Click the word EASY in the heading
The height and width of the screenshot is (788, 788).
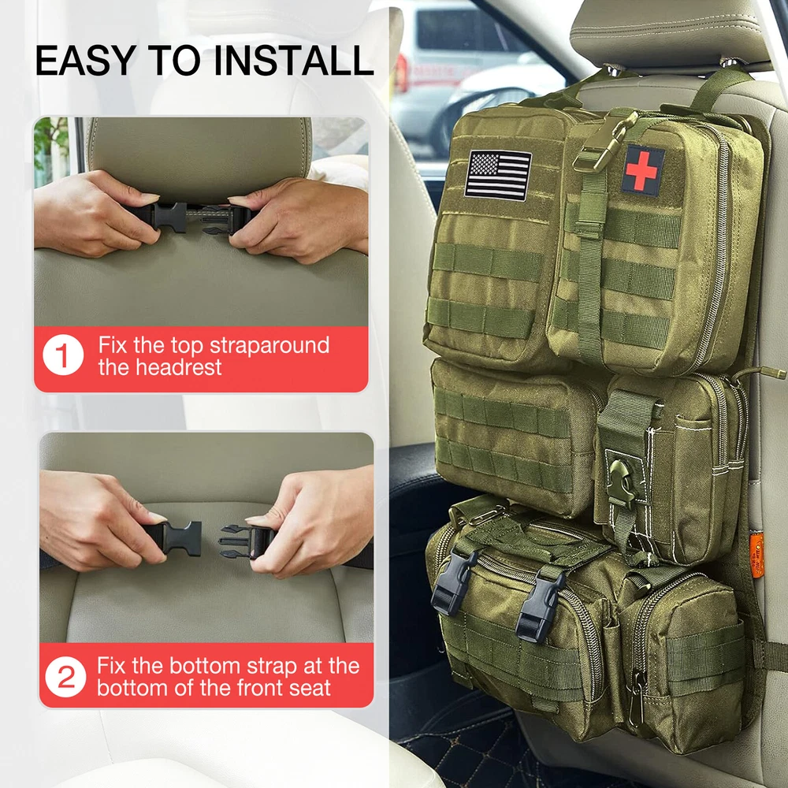tap(85, 61)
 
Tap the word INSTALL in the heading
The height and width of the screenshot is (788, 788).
tap(293, 61)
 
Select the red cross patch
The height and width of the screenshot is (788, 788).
tap(643, 171)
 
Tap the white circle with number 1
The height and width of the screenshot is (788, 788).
tap(63, 355)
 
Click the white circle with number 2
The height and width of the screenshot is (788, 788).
tap(66, 676)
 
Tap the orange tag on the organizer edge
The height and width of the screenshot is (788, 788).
tap(756, 556)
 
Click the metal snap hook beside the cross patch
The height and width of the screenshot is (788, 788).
tap(607, 142)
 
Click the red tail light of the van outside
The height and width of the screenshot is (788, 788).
tap(402, 72)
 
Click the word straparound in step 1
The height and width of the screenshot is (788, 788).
tap(269, 346)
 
